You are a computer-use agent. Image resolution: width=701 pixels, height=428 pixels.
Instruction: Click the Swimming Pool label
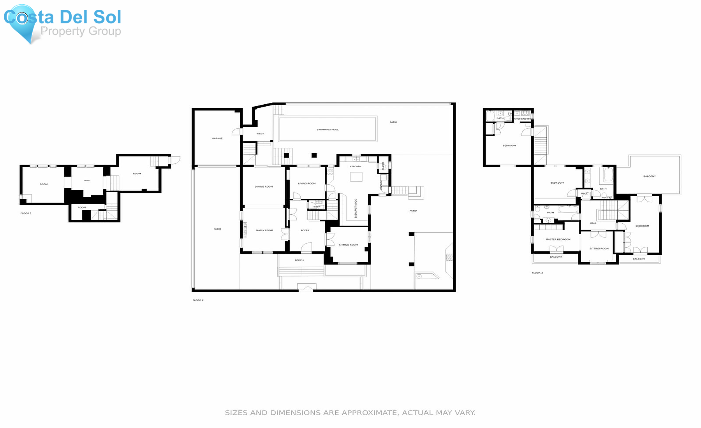(328, 130)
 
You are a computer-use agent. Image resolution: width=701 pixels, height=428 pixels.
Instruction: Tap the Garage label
(217, 139)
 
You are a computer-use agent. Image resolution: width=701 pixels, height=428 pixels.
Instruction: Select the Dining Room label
(264, 187)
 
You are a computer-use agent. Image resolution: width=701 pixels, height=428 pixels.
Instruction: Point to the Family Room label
(264, 230)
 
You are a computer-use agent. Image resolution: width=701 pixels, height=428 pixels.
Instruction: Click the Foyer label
(305, 230)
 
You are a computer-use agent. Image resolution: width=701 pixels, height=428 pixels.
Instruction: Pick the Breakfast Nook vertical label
(356, 209)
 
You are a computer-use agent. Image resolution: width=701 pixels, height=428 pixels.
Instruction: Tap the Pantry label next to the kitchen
(383, 166)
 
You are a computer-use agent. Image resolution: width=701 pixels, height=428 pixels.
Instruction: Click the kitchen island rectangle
(356, 177)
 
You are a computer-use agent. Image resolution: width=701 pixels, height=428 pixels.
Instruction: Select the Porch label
(299, 260)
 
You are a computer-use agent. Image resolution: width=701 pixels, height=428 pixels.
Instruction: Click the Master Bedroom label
(558, 240)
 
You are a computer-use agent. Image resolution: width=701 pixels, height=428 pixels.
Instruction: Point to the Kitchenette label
(522, 119)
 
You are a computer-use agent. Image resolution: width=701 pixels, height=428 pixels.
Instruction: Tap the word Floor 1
(26, 213)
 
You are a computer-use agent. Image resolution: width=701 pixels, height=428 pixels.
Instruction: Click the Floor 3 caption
(537, 273)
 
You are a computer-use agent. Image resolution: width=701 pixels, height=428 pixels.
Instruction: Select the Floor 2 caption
(198, 300)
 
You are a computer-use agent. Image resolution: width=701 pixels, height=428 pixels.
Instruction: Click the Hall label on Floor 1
(88, 181)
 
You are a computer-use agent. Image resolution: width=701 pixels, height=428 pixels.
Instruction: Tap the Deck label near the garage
(261, 133)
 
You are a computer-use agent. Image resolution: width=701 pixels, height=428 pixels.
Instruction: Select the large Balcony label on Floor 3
(649, 177)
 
